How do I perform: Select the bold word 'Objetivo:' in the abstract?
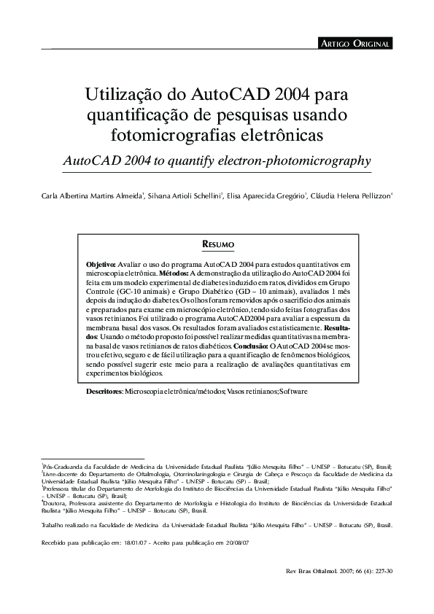[x=101, y=263]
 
